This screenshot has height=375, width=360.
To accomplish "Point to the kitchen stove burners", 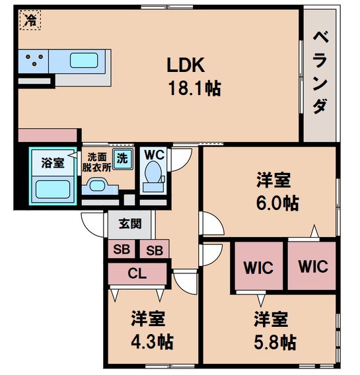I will click(32, 62).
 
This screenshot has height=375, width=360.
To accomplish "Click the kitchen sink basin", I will click(83, 61).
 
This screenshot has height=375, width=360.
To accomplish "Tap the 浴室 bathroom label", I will click(52, 163).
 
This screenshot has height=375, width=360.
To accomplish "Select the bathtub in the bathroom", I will click(53, 190).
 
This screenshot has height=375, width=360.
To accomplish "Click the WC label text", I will click(154, 155).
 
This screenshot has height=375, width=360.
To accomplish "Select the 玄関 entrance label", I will click(129, 224).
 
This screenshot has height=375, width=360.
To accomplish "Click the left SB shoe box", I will click(121, 250).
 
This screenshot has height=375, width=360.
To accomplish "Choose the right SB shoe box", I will click(154, 250).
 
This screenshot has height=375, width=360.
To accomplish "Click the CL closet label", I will click(137, 272).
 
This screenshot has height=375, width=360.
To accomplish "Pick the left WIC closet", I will click(256, 267).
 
